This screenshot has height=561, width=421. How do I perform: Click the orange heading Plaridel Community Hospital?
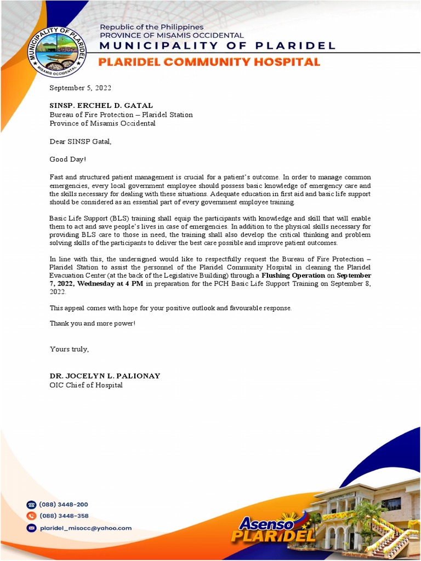(209, 62)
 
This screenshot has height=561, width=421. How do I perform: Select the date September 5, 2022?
(80, 88)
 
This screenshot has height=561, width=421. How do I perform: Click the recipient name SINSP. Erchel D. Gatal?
(101, 105)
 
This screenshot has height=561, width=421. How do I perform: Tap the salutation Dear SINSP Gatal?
(80, 141)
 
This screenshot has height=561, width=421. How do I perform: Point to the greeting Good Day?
(67, 159)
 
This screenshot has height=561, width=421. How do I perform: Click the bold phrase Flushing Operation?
(293, 275)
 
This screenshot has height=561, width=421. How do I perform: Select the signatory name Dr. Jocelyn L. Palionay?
(105, 376)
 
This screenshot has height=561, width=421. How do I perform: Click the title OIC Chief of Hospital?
(86, 385)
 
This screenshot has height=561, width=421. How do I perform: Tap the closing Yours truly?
(69, 349)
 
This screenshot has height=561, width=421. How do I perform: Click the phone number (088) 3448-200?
(63, 505)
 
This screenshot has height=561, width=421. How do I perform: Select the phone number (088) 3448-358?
(63, 516)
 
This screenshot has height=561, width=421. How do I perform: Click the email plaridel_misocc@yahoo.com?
(85, 528)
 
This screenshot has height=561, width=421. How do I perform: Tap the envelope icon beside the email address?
(31, 528)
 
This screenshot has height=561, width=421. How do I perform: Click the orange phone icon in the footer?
(31, 516)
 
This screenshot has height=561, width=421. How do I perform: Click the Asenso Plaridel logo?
(272, 529)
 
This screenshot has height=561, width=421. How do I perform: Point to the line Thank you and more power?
(92, 323)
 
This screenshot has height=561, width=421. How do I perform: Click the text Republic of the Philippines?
(151, 27)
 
